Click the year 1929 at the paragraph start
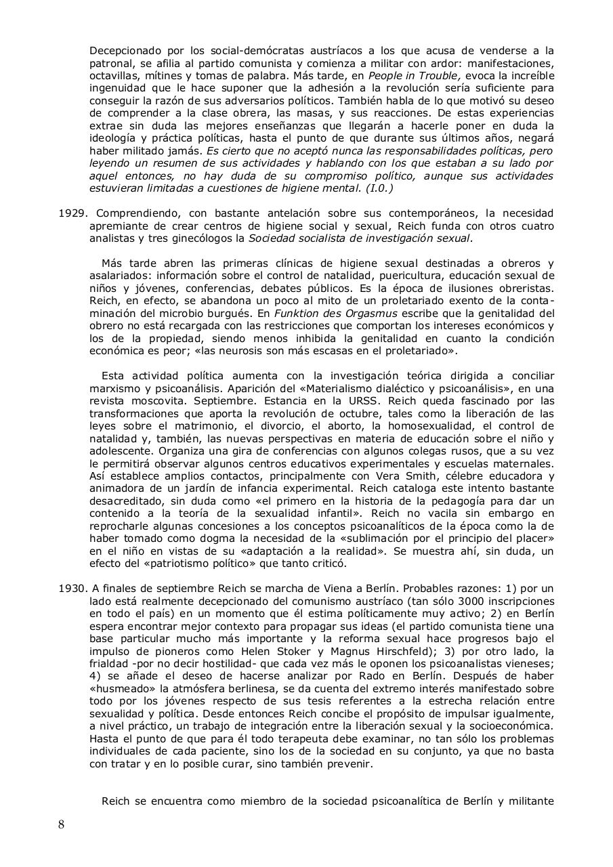(x=72, y=213)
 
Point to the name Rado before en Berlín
(x=406, y=676)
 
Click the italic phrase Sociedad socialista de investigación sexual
(x=360, y=238)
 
